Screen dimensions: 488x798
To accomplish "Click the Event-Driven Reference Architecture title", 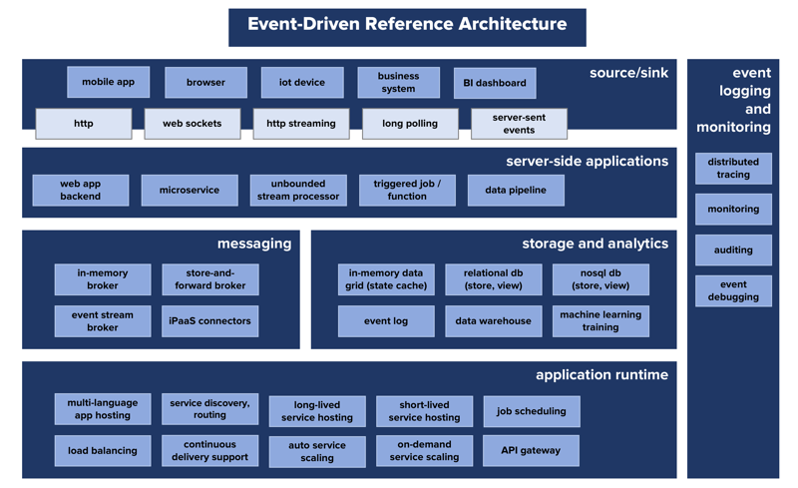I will [x=407, y=25].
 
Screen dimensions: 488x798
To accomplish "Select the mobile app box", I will [x=108, y=82].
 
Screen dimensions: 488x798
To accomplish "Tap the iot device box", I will [x=302, y=83].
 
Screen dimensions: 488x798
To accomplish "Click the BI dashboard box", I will [x=495, y=83].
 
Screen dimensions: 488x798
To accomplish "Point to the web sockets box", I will [x=192, y=124].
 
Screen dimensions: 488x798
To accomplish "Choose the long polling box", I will [x=409, y=124].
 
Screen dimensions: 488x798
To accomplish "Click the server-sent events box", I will [x=519, y=124].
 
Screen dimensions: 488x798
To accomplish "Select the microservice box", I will [x=189, y=190].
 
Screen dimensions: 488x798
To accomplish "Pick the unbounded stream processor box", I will [x=298, y=190].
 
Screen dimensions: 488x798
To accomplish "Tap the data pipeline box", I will [x=516, y=190].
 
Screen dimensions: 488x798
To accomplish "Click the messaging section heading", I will [x=254, y=244].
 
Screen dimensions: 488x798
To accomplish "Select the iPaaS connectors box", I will [x=209, y=321].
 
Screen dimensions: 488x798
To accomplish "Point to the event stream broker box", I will [x=103, y=321].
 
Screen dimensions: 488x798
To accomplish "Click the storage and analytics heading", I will [x=595, y=244].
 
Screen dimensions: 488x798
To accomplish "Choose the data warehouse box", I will [x=493, y=321].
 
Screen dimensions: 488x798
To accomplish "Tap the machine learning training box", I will [x=600, y=321].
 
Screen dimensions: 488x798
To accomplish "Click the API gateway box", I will [x=531, y=451].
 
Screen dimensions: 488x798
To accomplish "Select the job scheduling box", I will [x=531, y=411].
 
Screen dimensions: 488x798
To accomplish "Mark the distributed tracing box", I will [x=733, y=169].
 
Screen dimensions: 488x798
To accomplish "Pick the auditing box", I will [x=733, y=250].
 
